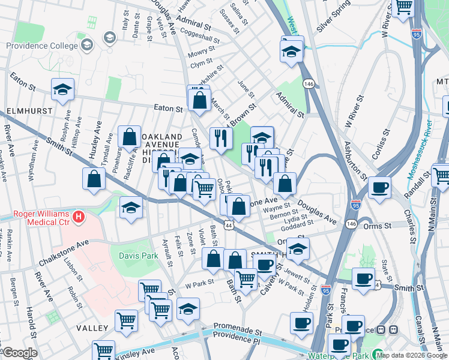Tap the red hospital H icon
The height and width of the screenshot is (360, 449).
pyautogui.click(x=77, y=216)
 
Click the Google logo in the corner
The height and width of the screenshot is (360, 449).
pyautogui.click(x=19, y=353)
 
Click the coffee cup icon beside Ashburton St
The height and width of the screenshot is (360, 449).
pyautogui.click(x=379, y=187)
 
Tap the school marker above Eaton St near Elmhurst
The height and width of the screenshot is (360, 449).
pyautogui.click(x=62, y=90)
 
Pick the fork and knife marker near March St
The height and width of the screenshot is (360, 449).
pyautogui.click(x=221, y=137)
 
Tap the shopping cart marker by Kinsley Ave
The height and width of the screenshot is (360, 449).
pyautogui.click(x=103, y=350)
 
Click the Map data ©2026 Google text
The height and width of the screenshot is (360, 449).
pyautogui.click(x=412, y=355)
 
